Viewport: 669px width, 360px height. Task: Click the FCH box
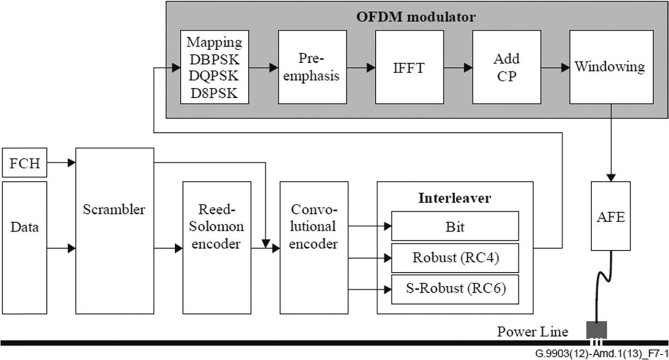[x=25, y=162]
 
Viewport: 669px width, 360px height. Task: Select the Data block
[x=25, y=248]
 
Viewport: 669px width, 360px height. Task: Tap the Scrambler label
[x=114, y=210]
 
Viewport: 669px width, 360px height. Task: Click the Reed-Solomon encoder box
[x=217, y=248]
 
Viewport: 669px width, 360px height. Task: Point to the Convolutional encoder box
[x=314, y=248]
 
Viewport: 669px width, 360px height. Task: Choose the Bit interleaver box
[x=455, y=226]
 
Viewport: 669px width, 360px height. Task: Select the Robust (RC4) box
[x=455, y=258]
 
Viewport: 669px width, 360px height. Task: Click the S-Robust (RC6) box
[x=455, y=289]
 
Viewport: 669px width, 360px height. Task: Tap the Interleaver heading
[x=455, y=198]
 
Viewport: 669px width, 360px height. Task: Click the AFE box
[x=611, y=216]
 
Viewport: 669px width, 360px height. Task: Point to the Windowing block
[x=612, y=67]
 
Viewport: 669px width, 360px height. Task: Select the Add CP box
[x=506, y=67]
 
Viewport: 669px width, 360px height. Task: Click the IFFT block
[x=409, y=67]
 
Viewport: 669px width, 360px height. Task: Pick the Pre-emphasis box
[x=313, y=67]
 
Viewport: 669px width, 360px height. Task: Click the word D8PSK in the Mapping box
[x=214, y=94]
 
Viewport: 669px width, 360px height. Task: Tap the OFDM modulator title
[x=416, y=17]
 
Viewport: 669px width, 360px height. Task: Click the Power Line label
[x=533, y=332]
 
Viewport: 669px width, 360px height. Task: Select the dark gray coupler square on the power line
[x=596, y=330]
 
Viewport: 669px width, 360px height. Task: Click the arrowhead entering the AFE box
[x=611, y=178]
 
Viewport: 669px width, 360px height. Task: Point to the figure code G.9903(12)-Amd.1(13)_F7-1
[x=602, y=354]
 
